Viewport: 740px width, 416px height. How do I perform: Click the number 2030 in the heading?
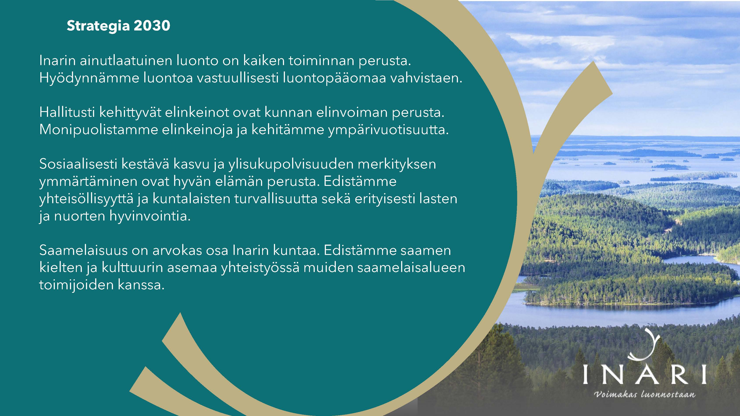pos(152,26)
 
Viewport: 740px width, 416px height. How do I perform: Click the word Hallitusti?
pos(67,112)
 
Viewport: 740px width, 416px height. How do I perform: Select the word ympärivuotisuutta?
pos(388,130)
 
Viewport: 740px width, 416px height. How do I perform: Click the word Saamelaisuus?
pos(84,250)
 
